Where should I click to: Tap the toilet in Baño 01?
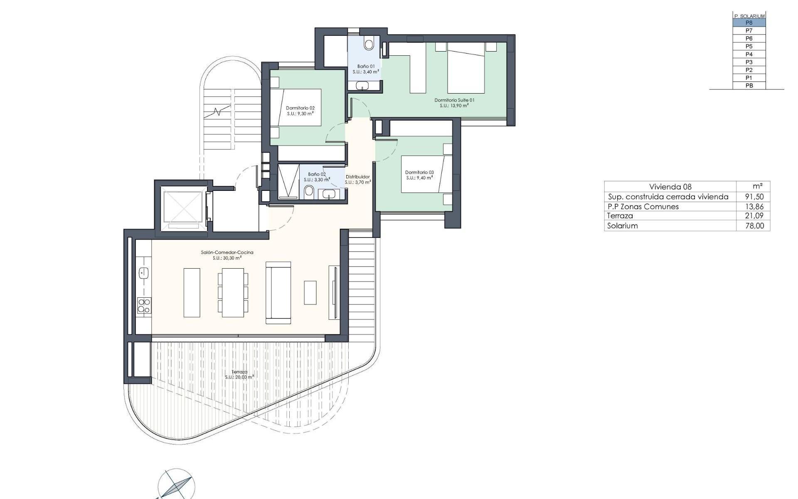tap(369, 43)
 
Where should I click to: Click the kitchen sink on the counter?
tap(144, 273)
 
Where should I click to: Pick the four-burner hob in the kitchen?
tap(144, 306)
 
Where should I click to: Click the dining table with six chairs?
tap(233, 292)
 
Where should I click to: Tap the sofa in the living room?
tap(278, 292)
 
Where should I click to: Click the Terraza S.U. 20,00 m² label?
tap(239, 375)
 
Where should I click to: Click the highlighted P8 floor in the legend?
tap(749, 23)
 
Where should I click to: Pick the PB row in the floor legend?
tap(749, 86)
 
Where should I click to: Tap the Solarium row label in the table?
tap(622, 226)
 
